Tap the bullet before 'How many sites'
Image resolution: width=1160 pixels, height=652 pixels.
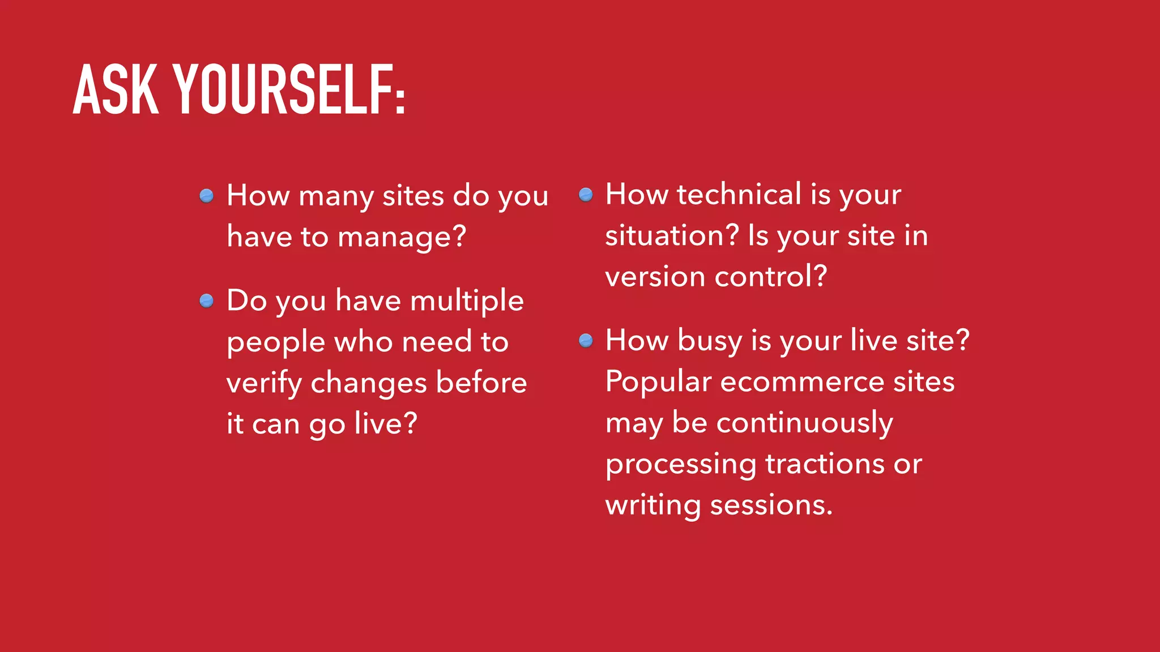click(207, 196)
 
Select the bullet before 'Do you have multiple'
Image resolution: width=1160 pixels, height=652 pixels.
click(207, 301)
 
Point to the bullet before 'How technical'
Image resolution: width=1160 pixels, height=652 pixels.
click(586, 195)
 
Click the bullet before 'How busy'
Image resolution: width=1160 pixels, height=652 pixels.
click(586, 341)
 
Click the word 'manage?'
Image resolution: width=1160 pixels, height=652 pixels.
click(402, 237)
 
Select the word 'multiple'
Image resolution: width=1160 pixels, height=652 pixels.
click(467, 301)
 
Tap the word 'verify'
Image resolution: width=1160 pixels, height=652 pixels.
click(264, 383)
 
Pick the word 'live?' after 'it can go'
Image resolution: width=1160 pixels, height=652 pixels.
click(386, 424)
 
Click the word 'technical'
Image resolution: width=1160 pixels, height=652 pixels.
click(739, 195)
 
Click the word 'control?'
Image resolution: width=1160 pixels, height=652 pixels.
click(771, 277)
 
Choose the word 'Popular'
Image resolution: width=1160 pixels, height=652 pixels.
click(658, 382)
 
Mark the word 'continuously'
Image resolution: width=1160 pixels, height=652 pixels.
click(805, 423)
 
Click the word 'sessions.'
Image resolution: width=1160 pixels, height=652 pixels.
click(771, 505)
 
